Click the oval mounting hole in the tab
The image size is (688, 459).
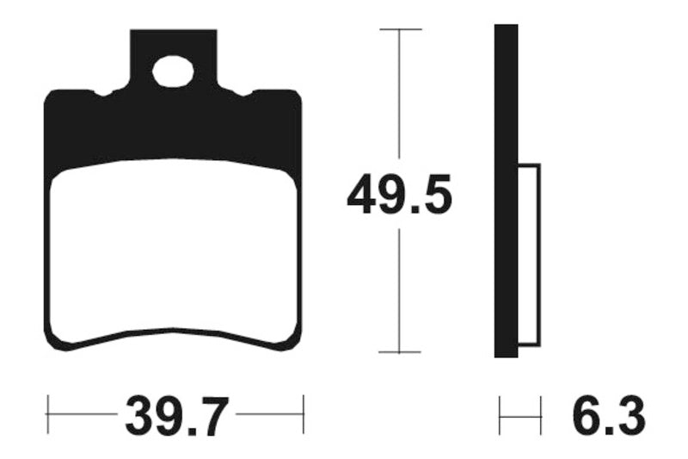pyautogui.click(x=173, y=71)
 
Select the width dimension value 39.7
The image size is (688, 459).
pyautogui.click(x=176, y=417)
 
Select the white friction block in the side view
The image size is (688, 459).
pyautogui.click(x=529, y=256)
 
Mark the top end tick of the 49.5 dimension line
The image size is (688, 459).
pyautogui.click(x=400, y=29)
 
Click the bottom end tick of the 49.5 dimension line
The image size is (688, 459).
pyautogui.click(x=400, y=352)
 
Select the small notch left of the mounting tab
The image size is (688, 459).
pyautogui.click(x=105, y=92)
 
